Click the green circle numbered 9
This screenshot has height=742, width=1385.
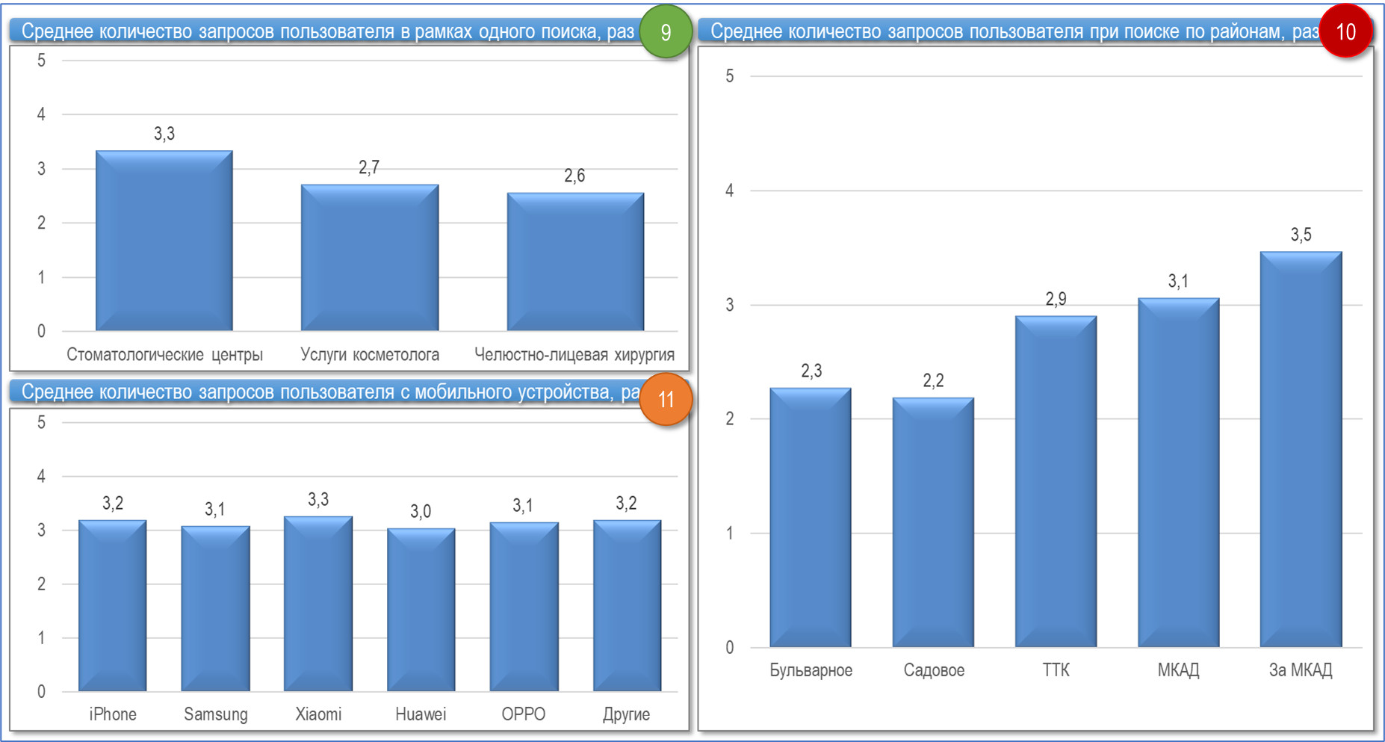[665, 32]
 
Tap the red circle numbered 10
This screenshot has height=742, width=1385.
[1345, 32]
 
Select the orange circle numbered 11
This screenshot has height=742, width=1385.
[666, 399]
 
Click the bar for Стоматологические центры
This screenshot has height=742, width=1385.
[164, 241]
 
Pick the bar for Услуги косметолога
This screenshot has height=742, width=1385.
[370, 257]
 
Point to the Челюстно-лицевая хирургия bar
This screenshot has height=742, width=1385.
[575, 262]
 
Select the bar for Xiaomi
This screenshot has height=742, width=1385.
[318, 604]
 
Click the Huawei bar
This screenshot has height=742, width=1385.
[421, 610]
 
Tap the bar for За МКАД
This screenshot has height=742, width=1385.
[1301, 448]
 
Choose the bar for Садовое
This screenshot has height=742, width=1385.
[933, 522]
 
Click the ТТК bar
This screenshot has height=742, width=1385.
[1056, 481]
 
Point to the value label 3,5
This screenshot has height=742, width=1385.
[1301, 235]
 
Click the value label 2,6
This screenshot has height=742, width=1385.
[574, 176]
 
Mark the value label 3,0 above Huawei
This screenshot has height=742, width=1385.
[421, 511]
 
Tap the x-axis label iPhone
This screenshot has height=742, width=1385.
[113, 714]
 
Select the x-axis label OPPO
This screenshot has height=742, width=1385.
[523, 714]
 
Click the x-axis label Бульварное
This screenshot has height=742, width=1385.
[811, 670]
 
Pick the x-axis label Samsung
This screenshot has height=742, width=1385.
[215, 714]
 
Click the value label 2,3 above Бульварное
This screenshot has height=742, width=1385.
[811, 371]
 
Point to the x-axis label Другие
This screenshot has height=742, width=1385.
[626, 714]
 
